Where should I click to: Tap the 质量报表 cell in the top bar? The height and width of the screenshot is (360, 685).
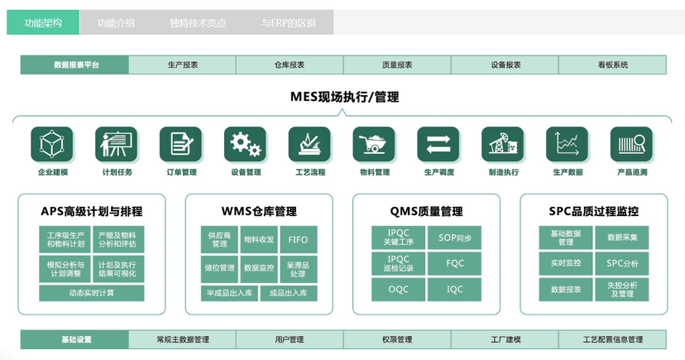397,65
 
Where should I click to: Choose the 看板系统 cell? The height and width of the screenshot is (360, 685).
612,65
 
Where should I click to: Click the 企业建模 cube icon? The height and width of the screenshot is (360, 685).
52,144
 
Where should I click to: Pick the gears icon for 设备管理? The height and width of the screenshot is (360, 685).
246,144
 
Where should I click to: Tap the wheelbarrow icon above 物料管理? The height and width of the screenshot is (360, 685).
374,144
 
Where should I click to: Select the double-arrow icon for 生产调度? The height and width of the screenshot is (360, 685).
438,144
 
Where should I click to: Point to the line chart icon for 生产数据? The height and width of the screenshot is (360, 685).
568,144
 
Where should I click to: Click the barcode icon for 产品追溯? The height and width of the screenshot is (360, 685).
631,144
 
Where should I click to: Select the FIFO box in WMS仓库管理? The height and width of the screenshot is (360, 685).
298,240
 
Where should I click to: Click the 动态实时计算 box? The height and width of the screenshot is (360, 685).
92,293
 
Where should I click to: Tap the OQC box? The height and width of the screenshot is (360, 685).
398,289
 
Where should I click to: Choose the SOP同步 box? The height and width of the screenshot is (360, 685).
455,238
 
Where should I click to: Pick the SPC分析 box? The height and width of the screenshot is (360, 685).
622,263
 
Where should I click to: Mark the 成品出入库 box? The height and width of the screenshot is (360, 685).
288,293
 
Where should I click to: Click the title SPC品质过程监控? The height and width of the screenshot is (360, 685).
593,211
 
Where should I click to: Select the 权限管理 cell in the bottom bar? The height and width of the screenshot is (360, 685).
397,339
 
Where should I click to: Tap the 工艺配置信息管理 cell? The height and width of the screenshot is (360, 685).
612,339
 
